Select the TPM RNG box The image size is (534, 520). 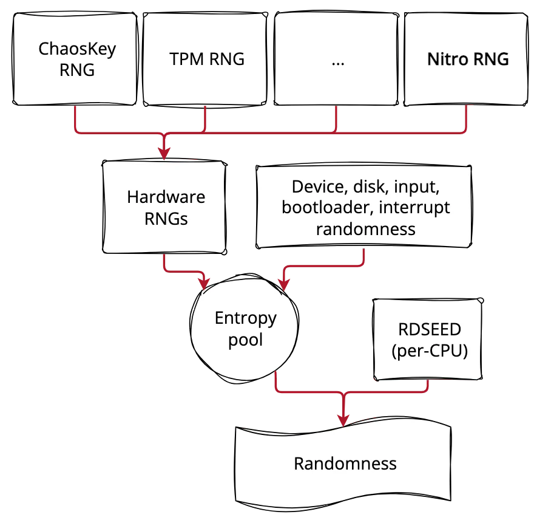pyautogui.click(x=206, y=59)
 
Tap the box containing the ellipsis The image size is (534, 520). pyautogui.click(x=337, y=59)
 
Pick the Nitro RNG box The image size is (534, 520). pyautogui.click(x=467, y=59)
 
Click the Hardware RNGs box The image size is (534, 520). pyautogui.click(x=165, y=207)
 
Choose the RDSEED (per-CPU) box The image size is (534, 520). pyautogui.click(x=429, y=339)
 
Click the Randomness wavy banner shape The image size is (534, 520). pyautogui.click(x=345, y=464)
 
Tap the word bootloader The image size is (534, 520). pyautogui.click(x=326, y=208)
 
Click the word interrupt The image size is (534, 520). pyautogui.click(x=414, y=208)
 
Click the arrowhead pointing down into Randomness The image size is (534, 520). pyautogui.click(x=344, y=419)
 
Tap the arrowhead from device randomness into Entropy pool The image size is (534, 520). pyautogui.click(x=283, y=283)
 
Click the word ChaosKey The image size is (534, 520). pyautogui.click(x=76, y=49)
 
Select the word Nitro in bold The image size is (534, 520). pyautogui.click(x=447, y=60)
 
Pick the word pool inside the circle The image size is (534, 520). pyautogui.click(x=245, y=339)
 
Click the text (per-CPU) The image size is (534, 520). pyautogui.click(x=430, y=351)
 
